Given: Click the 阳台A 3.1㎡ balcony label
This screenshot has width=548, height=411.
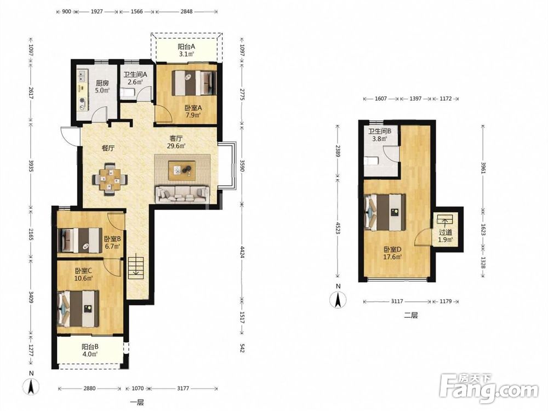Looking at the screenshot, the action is [186, 50].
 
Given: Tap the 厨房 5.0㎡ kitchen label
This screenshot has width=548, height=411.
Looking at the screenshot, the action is [102, 87].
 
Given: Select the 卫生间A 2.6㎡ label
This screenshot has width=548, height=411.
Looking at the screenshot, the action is [135, 78].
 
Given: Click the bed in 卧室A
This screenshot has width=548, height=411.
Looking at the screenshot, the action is [194, 83].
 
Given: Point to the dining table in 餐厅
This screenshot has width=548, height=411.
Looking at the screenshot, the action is [110, 177].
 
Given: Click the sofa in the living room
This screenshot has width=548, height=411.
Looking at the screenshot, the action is [182, 194].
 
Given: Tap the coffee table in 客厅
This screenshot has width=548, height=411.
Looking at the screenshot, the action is [182, 170].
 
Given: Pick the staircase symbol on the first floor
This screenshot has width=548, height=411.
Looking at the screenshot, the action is [135, 267].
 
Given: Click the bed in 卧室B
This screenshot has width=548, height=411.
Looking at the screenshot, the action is [79, 240].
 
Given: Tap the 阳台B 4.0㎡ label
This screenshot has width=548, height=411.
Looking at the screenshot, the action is [90, 350].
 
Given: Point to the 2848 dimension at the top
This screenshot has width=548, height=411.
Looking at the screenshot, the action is [186, 12].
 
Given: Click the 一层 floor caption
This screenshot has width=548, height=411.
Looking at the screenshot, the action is [137, 402].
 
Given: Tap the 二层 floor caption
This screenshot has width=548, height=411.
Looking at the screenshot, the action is [411, 315].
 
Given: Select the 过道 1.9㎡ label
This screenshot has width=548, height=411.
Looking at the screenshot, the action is [446, 236].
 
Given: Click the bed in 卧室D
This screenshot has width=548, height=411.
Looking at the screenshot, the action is [385, 212].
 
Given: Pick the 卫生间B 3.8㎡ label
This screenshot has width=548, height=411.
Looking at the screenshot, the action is [379, 135].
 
